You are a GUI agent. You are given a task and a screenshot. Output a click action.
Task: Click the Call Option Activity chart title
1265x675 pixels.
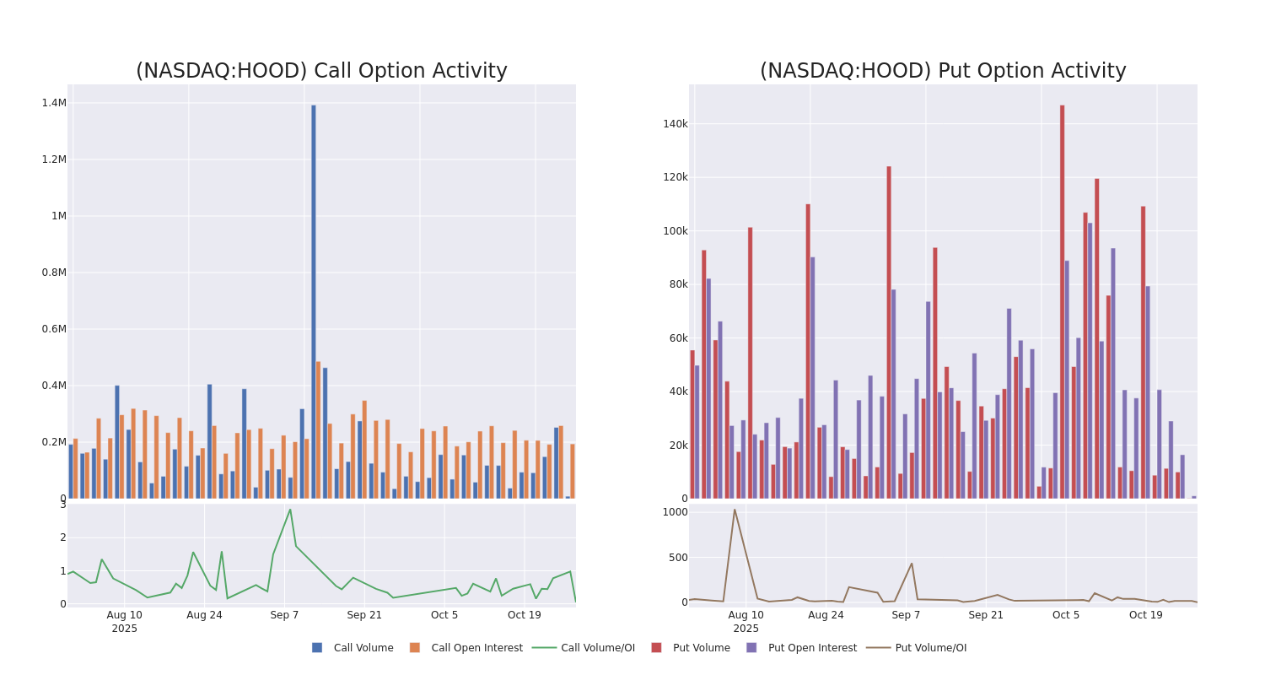pyautogui.click(x=321, y=71)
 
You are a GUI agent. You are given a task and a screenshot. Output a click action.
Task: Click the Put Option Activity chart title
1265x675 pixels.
pyautogui.click(x=943, y=71)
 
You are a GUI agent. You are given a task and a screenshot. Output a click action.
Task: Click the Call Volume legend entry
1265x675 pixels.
pyautogui.click(x=353, y=648)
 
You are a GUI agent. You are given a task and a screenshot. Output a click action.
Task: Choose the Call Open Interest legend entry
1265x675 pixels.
pyautogui.click(x=466, y=648)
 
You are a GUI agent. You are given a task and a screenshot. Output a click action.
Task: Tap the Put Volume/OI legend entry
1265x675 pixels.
pyautogui.click(x=917, y=648)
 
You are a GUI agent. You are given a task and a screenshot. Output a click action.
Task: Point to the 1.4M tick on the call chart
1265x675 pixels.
pyautogui.click(x=54, y=103)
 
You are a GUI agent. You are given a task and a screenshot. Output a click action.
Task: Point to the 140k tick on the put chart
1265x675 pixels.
pyautogui.click(x=675, y=124)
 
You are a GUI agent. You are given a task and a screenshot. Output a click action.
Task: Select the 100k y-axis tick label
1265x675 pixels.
pyautogui.click(x=675, y=231)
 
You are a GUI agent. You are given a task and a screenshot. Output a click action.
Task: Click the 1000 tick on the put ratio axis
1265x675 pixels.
pyautogui.click(x=675, y=512)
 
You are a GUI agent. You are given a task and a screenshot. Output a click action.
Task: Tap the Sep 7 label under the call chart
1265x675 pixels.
pyautogui.click(x=284, y=615)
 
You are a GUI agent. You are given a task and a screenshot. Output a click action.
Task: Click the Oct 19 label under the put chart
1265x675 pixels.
pyautogui.click(x=1145, y=615)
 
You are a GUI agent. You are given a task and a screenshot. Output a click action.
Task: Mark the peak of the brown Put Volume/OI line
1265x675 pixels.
pyautogui.click(x=734, y=510)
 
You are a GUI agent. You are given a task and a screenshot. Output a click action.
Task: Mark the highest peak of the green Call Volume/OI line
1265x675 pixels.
pyautogui.click(x=290, y=509)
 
